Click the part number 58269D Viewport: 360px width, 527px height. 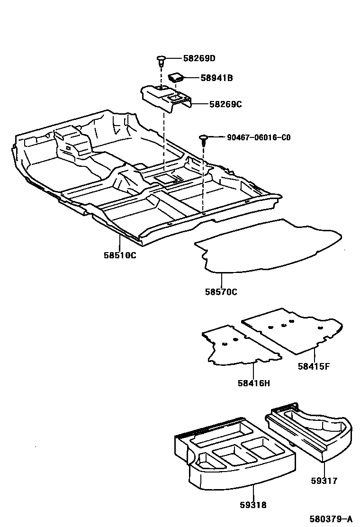point(199,59)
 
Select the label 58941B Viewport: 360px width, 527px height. point(216,78)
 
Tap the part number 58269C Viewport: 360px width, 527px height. point(225,104)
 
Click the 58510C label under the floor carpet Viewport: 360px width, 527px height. point(120,255)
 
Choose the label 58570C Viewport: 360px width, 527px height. point(221,292)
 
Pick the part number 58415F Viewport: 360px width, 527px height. point(314,366)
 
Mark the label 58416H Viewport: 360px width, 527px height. point(254,383)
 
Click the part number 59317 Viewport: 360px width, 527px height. point(324,481)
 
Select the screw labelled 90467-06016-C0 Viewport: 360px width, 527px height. point(204,138)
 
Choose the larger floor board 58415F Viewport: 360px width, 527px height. point(289,329)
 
